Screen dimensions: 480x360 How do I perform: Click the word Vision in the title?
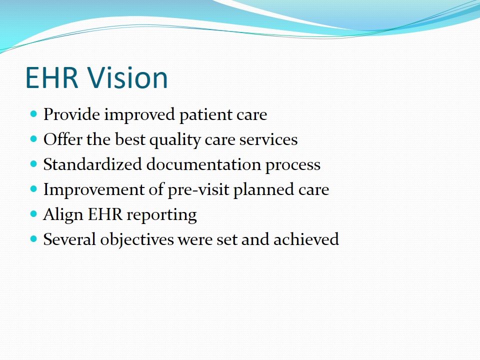pos(128,77)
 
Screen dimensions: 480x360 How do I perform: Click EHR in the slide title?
pos(51,77)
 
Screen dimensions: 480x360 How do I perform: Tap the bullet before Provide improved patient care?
pos(33,114)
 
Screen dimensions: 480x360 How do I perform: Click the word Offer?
pos(63,139)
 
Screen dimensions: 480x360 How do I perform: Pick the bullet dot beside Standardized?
pos(33,164)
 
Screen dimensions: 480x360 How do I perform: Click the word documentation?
pos(203,164)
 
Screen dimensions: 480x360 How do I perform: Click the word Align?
pos(63,215)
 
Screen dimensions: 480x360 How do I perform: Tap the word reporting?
pos(162,215)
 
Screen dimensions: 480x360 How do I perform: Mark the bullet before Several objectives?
pos(33,239)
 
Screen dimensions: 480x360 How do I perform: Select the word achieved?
pos(306,239)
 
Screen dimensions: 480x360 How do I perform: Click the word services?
pos(268,140)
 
